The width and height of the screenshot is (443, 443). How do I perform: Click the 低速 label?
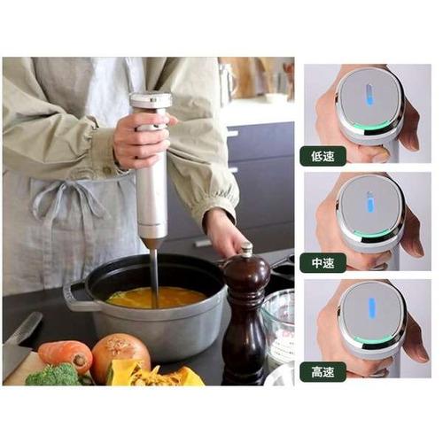[323, 156]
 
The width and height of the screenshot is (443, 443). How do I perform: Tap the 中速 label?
[323, 262]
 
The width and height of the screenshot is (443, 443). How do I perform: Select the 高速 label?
[323, 372]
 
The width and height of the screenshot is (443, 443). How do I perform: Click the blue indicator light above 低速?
[369, 94]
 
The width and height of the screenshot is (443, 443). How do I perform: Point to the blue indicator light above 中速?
[369, 202]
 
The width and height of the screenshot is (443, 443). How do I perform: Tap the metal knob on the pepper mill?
[245, 249]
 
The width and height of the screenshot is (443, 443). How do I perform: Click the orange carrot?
[65, 354]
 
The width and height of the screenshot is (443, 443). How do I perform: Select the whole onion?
[121, 354]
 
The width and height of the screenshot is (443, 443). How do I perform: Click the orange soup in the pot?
[157, 298]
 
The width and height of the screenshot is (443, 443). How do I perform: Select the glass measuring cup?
[277, 326]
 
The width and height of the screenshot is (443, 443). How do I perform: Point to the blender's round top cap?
[151, 100]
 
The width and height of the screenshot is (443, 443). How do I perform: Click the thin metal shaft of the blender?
[154, 276]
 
